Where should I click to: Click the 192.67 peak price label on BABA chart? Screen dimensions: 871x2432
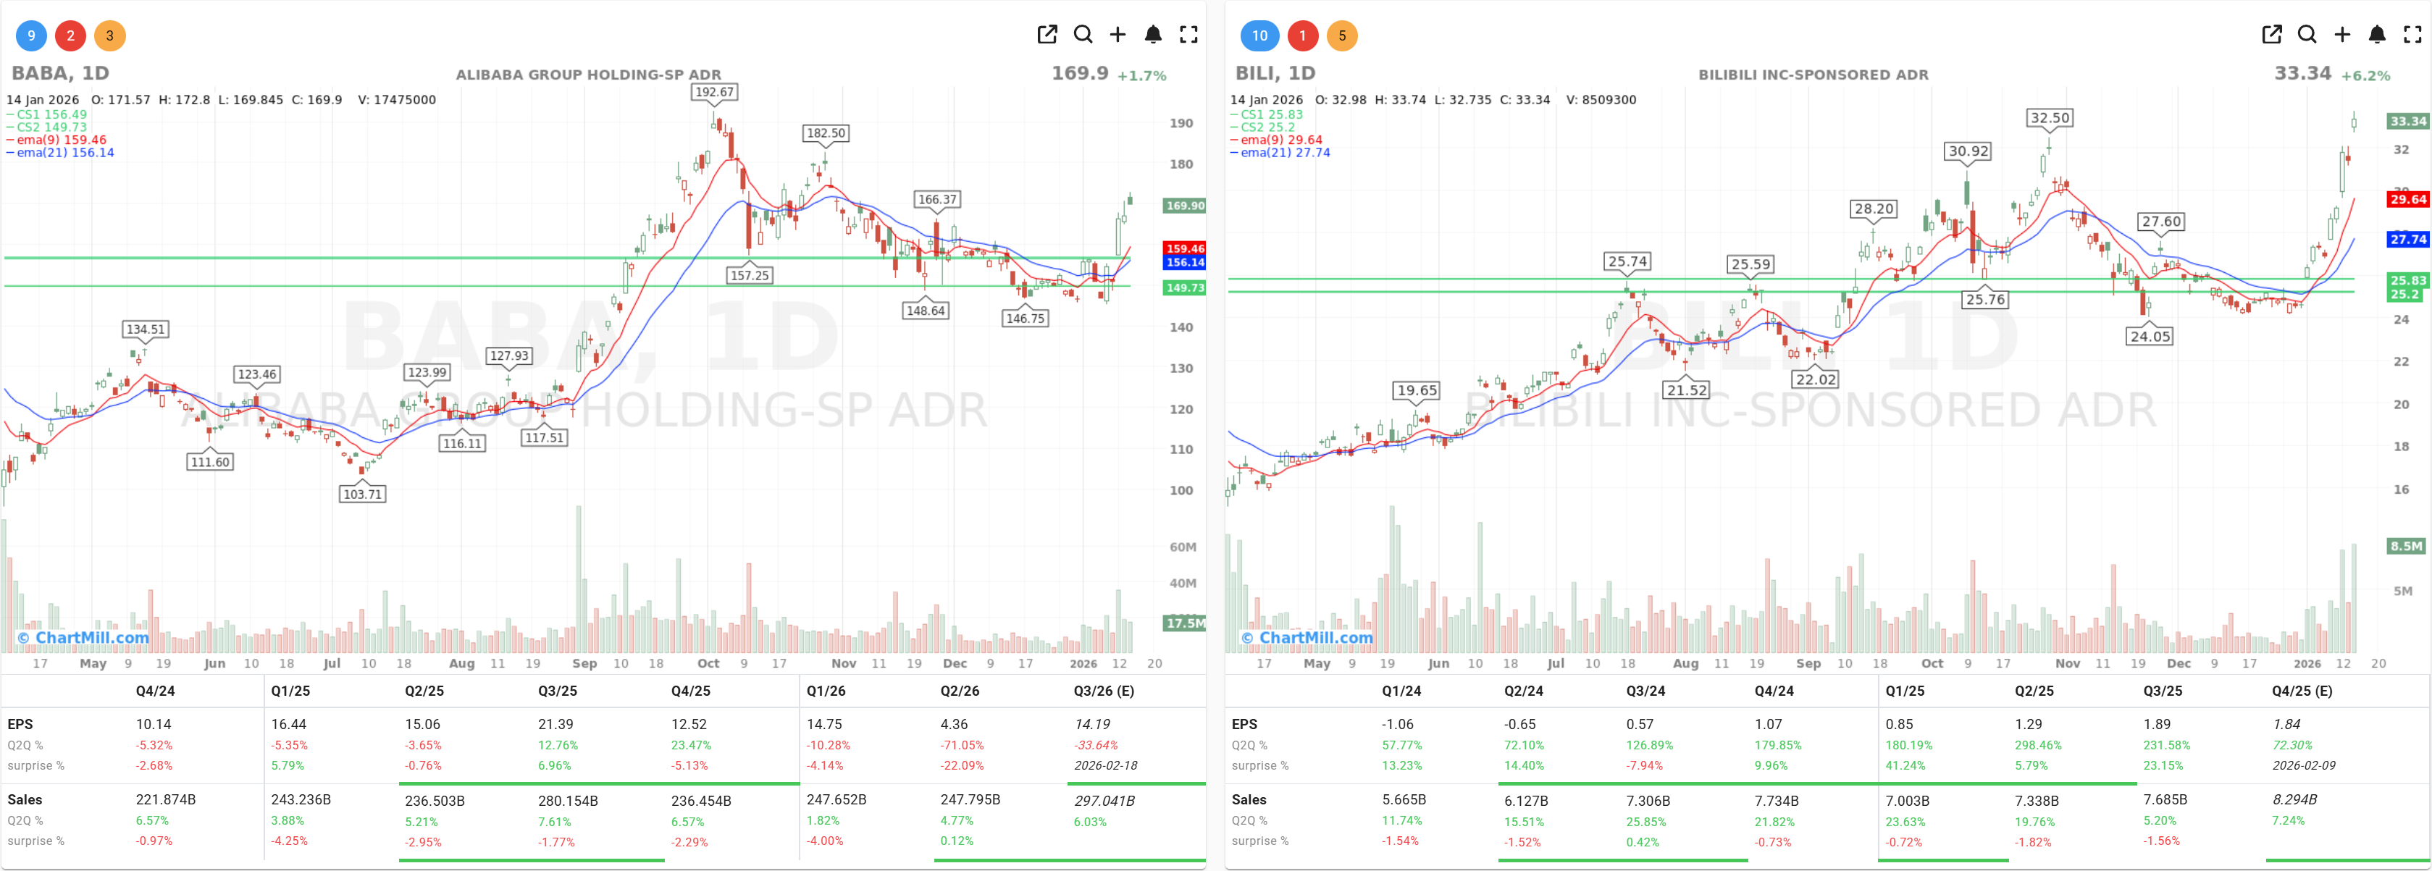[x=714, y=91]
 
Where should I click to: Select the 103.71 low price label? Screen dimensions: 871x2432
[x=363, y=494]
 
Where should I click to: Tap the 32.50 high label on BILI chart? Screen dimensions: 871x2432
[x=2050, y=118]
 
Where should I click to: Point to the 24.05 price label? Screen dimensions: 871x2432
[x=2150, y=336]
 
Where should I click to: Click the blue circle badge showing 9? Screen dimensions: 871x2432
[x=31, y=36]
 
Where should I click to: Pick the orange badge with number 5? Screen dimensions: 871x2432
[x=1341, y=36]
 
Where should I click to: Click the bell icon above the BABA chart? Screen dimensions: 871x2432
[x=1153, y=35]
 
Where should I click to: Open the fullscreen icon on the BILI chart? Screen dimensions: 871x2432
[x=2412, y=35]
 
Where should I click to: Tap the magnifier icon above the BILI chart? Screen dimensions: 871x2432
[x=2307, y=35]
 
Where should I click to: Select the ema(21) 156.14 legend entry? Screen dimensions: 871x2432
[x=64, y=153]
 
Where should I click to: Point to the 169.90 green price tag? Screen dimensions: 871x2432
[x=1185, y=206]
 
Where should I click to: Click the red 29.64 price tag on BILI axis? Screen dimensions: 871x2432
[x=2407, y=199]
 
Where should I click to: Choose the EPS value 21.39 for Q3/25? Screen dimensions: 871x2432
[x=557, y=724]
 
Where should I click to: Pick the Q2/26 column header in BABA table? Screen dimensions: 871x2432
[x=959, y=691]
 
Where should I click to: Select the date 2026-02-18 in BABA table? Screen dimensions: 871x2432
[x=1104, y=765]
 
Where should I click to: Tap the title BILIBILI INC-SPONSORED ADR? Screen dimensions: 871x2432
[x=1813, y=75]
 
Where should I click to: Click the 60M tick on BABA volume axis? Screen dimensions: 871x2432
[x=1182, y=547]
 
